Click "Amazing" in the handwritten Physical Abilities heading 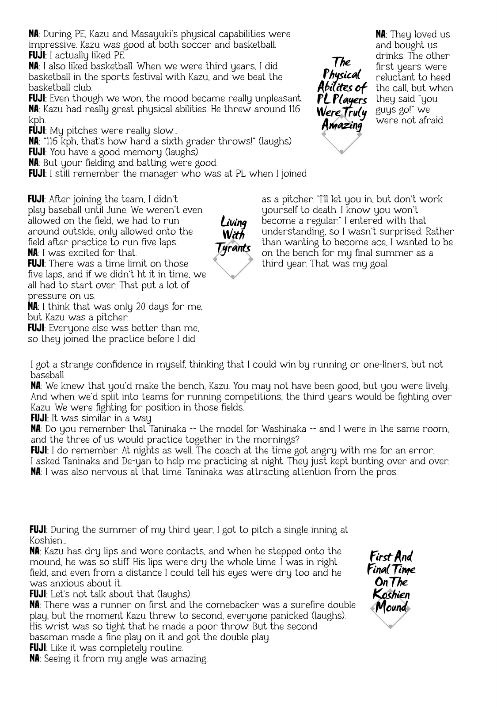342,125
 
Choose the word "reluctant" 398,77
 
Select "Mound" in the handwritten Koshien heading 391,607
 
